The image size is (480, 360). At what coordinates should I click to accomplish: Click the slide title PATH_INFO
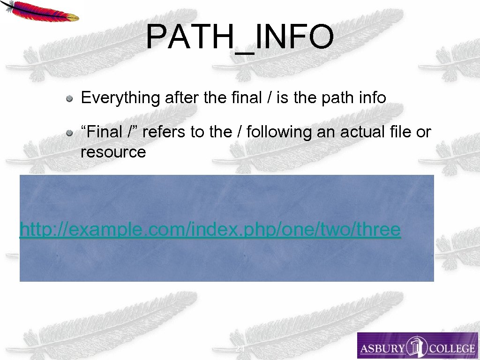[x=240, y=37]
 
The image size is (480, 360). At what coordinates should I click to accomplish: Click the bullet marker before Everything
[x=69, y=98]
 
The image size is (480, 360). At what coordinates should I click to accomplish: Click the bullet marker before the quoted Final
[x=69, y=133]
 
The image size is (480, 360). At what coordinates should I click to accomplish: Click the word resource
[x=113, y=152]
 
